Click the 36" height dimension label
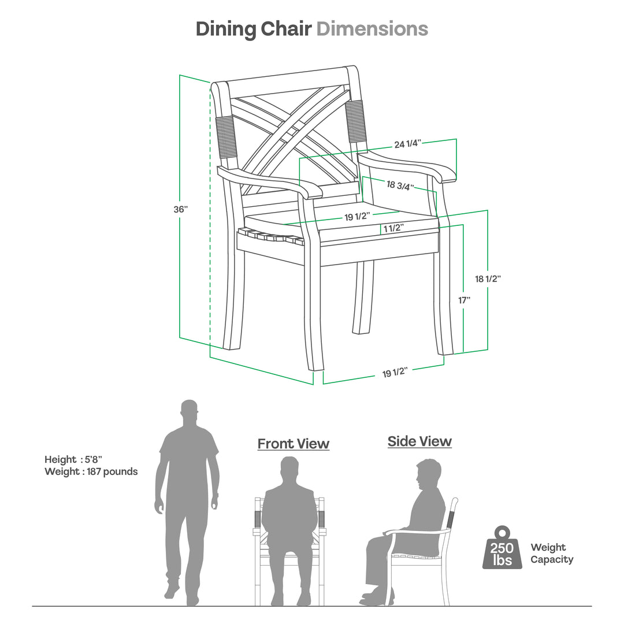181,209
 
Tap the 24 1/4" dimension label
408,144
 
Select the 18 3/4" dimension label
400,184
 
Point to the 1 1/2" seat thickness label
392,228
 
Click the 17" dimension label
465,300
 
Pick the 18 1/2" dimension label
488,278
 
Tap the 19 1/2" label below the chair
395,373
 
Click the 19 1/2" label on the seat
357,216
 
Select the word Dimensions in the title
372,29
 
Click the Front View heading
293,444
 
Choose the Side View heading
419,441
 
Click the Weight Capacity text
552,553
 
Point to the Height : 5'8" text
73,459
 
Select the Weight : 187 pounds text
91,471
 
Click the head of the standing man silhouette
190,411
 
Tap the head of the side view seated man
428,474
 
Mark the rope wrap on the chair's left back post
225,136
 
